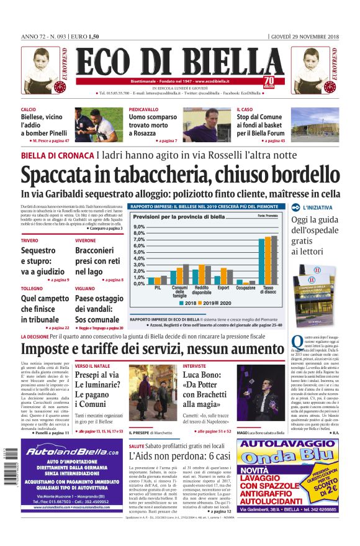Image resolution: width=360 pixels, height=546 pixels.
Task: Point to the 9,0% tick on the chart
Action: pyautogui.click(x=139, y=227)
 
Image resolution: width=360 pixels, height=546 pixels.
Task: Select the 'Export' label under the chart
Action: pyautogui.click(x=223, y=288)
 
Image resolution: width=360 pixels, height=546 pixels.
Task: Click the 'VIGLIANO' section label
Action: pyautogui.click(x=85, y=289)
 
